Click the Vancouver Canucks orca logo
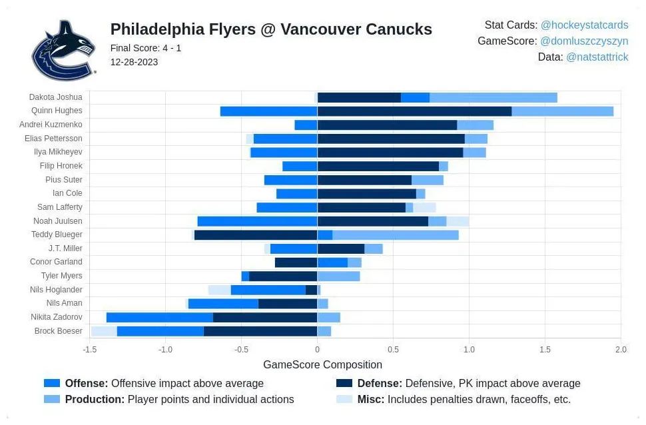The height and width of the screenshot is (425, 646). pos(64,51)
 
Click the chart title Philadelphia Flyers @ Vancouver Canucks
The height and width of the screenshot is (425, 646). pos(271,29)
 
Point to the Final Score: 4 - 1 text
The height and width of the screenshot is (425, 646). pos(146,48)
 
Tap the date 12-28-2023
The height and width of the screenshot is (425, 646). pos(134,62)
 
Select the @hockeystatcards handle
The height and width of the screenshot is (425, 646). pos(584,25)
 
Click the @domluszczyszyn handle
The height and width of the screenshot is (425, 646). pos(584,41)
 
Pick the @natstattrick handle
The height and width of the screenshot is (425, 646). pos(597,57)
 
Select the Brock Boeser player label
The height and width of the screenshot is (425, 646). pos(59,331)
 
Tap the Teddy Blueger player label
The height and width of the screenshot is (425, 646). pos(57,234)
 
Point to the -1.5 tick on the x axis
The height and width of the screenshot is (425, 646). pos(89,350)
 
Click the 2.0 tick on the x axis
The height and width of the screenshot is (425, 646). pos(621,350)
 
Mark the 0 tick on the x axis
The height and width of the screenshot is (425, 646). pos(317,350)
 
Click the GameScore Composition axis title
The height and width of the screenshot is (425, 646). pos(322,364)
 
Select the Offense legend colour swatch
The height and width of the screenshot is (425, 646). pos(52,383)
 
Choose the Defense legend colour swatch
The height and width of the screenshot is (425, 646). pos(344,383)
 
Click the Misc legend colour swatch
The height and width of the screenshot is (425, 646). pos(344,400)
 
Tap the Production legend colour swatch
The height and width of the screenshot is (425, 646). pos(52,400)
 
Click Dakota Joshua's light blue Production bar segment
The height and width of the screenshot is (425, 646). pos(493,97)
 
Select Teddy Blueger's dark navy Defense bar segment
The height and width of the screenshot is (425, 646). pos(256,234)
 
